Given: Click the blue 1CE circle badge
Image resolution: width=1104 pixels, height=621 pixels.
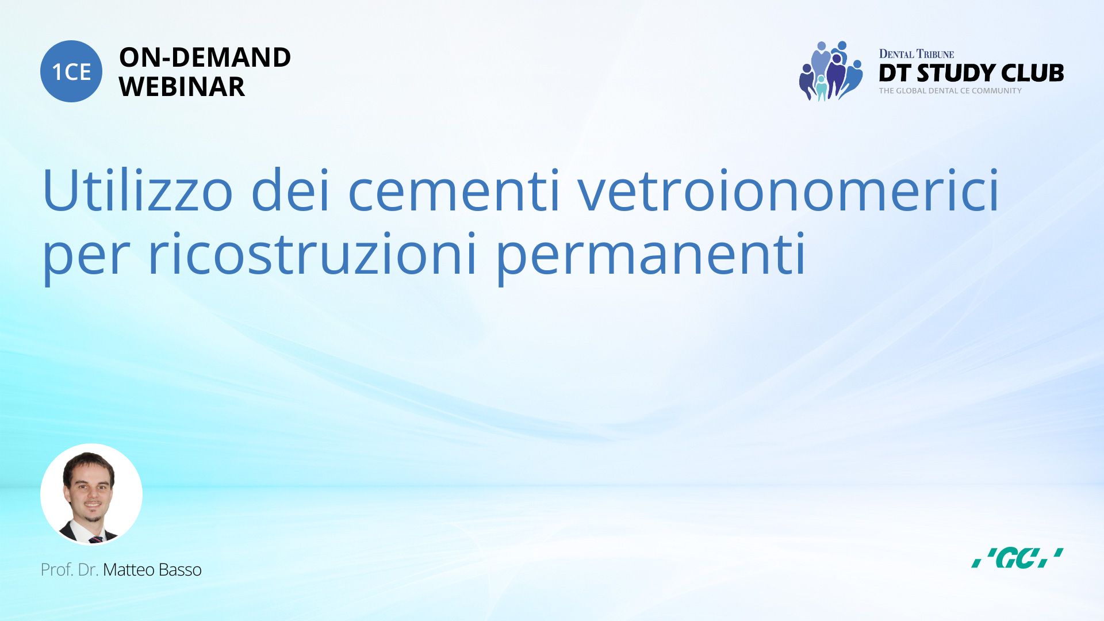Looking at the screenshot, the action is pos(71,71).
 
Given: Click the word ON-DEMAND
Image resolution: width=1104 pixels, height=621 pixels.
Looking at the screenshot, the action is pos(205,57).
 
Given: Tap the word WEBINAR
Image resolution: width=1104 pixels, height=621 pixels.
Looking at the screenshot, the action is pos(182,87).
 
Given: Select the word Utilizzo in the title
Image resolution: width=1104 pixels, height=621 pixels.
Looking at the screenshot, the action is pos(137,190).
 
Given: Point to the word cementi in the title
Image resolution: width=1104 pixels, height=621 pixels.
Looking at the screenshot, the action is pos(454,190).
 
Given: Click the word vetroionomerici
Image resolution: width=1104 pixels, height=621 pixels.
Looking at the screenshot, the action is pos(789,190).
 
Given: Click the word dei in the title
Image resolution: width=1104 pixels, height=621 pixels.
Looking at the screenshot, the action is pos(290,190).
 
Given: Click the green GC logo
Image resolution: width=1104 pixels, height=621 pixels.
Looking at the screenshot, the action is pos(1017,558).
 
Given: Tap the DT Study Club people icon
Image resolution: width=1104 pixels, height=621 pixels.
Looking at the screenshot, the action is pos(831,71).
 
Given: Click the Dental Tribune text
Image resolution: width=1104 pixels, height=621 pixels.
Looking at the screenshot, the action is pos(916,54).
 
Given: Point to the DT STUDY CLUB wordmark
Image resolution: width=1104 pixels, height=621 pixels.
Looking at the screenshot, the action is pos(971,73).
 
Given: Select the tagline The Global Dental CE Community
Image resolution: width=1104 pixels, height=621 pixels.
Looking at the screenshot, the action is pos(950,91).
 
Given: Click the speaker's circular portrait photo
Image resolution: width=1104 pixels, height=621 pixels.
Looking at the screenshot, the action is pos(91,494).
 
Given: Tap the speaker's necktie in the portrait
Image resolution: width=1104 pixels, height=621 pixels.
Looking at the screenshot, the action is pos(96,540).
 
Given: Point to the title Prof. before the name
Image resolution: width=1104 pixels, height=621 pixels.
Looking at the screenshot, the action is pos(57,570).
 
